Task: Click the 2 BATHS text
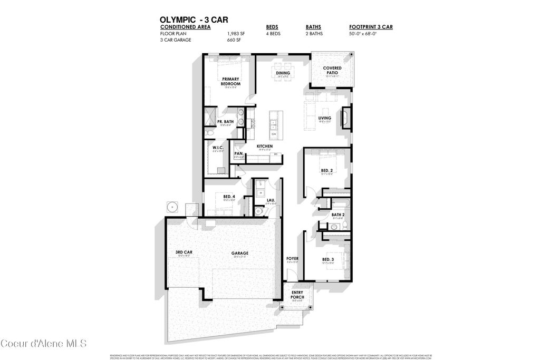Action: (x=315, y=33)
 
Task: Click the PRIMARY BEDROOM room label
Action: (x=231, y=81)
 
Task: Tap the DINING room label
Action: (x=283, y=73)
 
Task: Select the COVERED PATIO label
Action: (x=332, y=71)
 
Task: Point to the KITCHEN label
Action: (x=264, y=145)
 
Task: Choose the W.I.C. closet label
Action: (x=218, y=148)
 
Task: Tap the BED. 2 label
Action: (x=327, y=170)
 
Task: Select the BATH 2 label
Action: (x=337, y=215)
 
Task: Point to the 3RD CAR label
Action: (x=184, y=252)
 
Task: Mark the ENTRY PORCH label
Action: (x=297, y=295)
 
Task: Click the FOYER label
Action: (x=292, y=259)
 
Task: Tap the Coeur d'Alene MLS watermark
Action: (x=43, y=344)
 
